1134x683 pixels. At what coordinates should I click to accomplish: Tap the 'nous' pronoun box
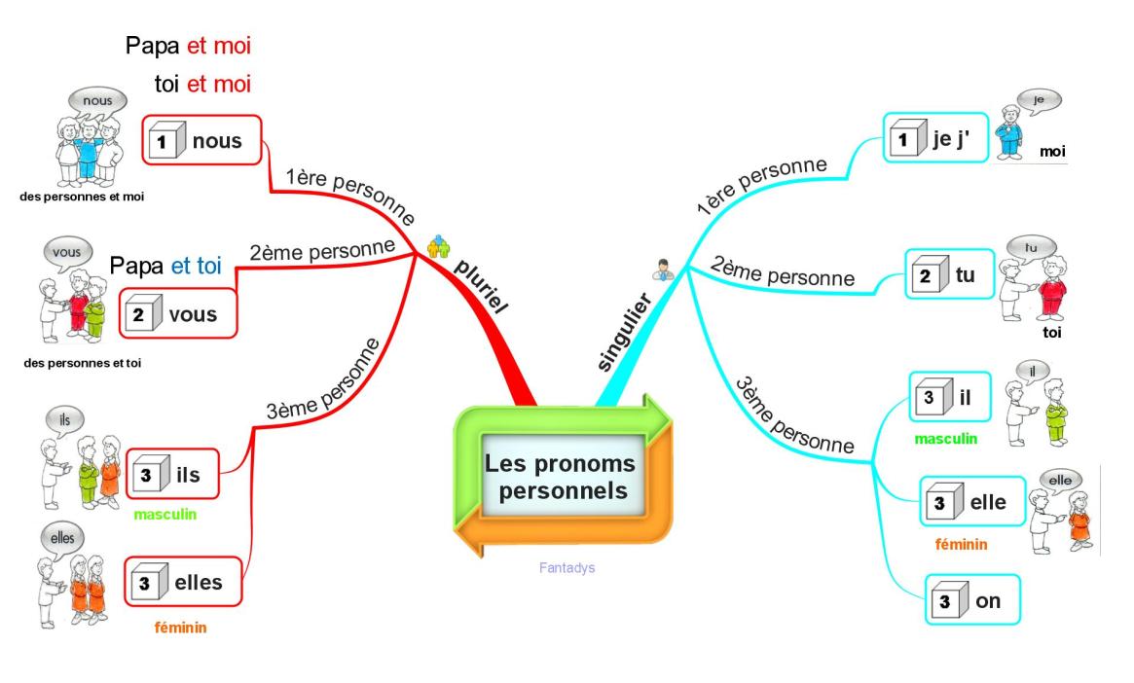pyautogui.click(x=201, y=140)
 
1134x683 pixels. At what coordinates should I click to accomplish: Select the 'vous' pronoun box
pyautogui.click(x=179, y=313)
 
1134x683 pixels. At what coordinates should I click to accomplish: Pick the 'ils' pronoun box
pyautogui.click(x=173, y=474)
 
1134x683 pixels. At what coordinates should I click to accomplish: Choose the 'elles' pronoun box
pyautogui.click(x=183, y=582)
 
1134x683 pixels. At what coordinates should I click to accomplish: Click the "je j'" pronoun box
pyautogui.click(x=935, y=137)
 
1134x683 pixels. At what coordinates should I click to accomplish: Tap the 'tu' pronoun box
pyautogui.click(x=950, y=274)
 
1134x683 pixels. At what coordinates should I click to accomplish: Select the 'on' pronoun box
pyautogui.click(x=972, y=600)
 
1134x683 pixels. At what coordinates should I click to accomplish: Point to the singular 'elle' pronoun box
pyautogui.click(x=972, y=502)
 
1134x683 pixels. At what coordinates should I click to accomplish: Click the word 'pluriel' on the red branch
pyautogui.click(x=481, y=287)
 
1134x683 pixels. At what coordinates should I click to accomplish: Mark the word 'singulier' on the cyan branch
pyautogui.click(x=624, y=333)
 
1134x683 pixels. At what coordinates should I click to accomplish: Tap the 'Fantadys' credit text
pyautogui.click(x=567, y=568)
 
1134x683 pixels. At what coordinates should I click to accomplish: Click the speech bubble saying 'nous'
pyautogui.click(x=97, y=101)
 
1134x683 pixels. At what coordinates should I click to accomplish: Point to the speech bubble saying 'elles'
pyautogui.click(x=62, y=538)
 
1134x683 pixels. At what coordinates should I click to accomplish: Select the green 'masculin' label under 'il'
pyautogui.click(x=946, y=439)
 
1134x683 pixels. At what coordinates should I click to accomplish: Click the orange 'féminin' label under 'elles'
pyautogui.click(x=181, y=628)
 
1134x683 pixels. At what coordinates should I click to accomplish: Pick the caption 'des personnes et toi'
pyautogui.click(x=83, y=363)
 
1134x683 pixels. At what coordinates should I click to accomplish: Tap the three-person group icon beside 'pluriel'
pyautogui.click(x=438, y=246)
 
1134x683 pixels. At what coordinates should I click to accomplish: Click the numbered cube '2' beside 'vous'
pyautogui.click(x=143, y=313)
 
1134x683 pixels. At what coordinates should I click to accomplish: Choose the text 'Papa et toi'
pyautogui.click(x=165, y=266)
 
